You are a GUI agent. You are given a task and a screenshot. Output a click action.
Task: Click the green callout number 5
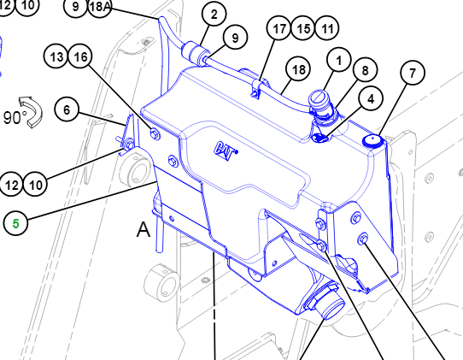click(15, 223)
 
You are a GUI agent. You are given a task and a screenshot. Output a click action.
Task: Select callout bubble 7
click(413, 73)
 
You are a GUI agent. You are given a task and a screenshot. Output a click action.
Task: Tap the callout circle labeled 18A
click(100, 7)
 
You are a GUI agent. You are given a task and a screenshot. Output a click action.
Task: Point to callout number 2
click(214, 15)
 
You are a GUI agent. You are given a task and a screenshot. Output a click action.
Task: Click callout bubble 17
click(279, 28)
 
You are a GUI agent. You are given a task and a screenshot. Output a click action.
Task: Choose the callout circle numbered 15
click(303, 28)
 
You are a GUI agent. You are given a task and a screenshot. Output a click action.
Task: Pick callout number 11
click(327, 28)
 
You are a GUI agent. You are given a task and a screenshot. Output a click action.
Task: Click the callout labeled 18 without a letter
click(298, 69)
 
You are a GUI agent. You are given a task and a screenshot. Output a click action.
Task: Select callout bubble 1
click(338, 60)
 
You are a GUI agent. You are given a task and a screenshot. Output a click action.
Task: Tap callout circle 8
click(365, 70)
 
